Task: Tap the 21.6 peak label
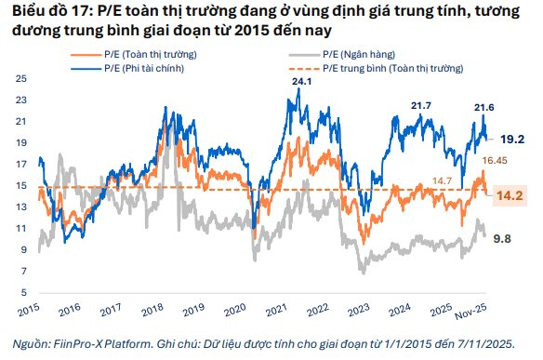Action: pyautogui.click(x=483, y=108)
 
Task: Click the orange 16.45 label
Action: pyautogui.click(x=493, y=161)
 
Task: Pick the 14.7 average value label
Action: pyautogui.click(x=445, y=180)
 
